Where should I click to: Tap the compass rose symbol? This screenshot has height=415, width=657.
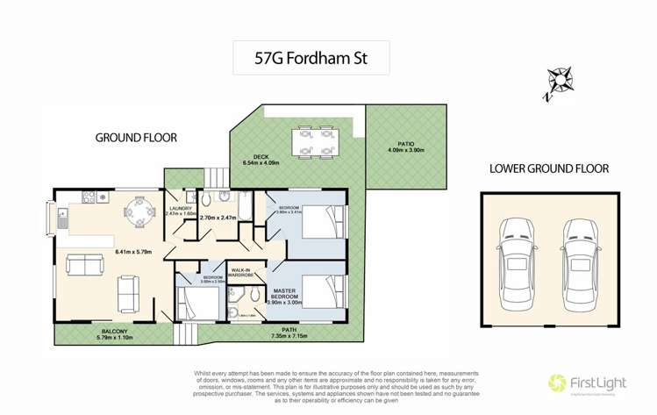pos(556,78)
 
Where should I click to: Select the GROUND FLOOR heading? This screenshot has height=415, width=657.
pos(135,138)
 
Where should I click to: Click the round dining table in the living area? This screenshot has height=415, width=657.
pos(138,211)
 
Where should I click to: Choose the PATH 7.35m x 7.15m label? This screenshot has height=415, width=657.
pos(289,333)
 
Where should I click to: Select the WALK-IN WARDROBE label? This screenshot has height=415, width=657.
pos(241,272)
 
